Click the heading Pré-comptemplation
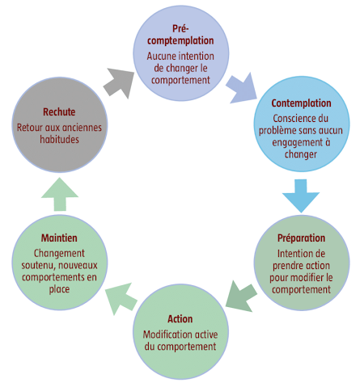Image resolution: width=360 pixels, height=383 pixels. pos(180,35)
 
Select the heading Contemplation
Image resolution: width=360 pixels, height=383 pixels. pos(302,103)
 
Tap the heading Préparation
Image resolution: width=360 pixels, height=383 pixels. pos(301,238)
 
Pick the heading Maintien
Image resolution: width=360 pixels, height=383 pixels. pos(59,238)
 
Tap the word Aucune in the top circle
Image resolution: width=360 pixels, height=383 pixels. pos(163,57)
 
